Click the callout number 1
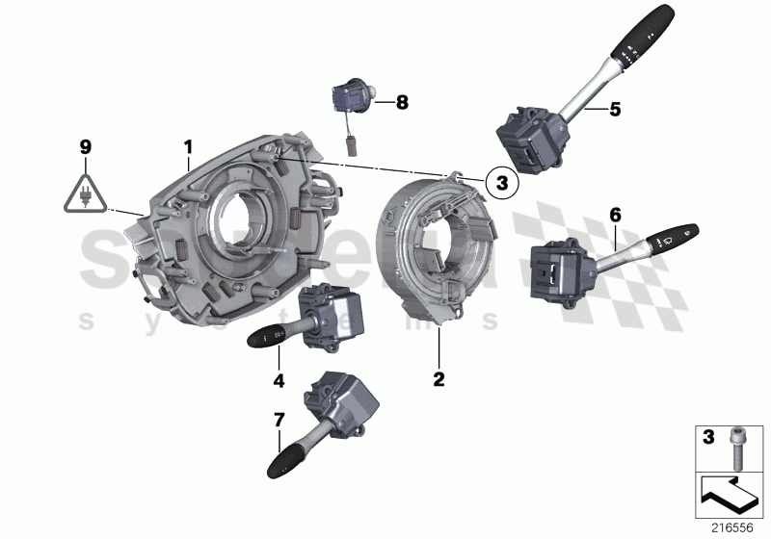click(x=189, y=145)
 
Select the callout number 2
click(x=439, y=380)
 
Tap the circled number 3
click(x=500, y=180)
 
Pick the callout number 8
click(x=402, y=99)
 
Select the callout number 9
click(x=86, y=147)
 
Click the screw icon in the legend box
click(x=738, y=445)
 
